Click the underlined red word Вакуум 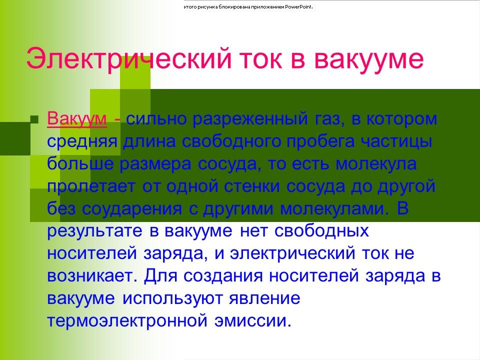[x=77, y=119]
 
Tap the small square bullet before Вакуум [x=34, y=119]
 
